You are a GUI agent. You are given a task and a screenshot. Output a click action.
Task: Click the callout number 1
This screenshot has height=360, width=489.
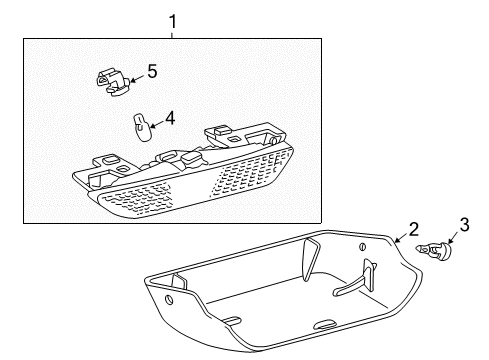coord(172,19)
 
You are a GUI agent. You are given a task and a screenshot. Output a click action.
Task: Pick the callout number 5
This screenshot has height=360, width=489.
coord(152,71)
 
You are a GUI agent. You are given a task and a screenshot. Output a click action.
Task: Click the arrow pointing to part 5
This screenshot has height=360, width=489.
coord(138,75)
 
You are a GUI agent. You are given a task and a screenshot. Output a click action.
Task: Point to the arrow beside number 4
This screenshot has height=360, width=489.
coord(156,123)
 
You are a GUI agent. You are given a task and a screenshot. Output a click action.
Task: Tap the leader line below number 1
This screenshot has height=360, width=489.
coord(172,32)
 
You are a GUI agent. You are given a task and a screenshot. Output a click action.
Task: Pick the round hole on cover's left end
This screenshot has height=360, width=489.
coord(168,299)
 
